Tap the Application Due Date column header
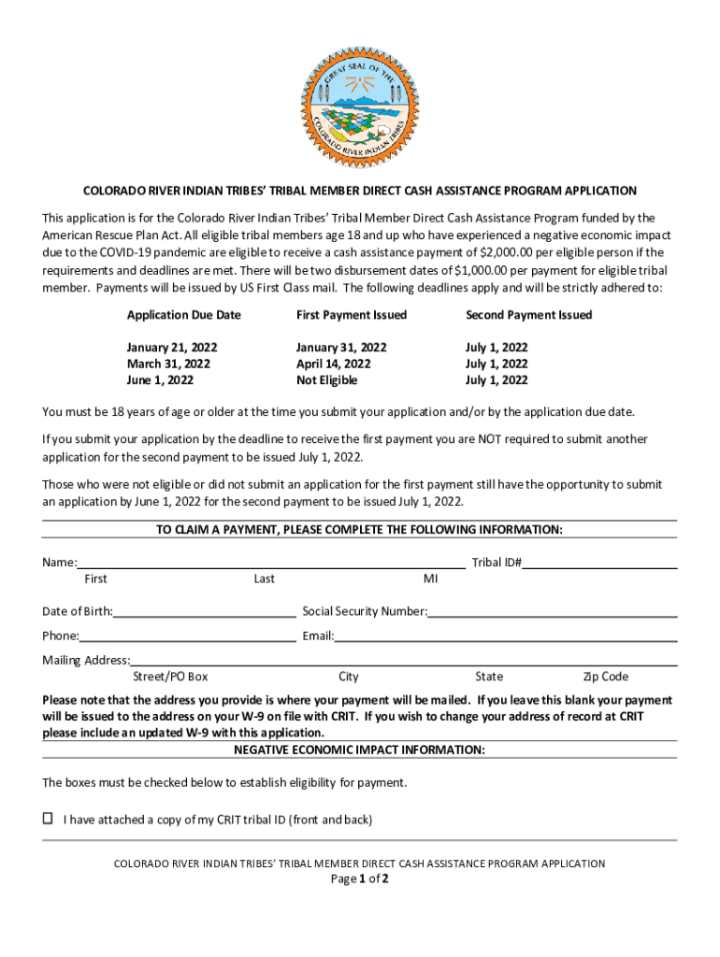click(183, 315)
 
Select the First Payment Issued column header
click(351, 315)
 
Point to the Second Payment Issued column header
click(528, 315)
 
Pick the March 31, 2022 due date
click(168, 364)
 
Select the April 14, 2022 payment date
click(333, 364)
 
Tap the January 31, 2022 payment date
click(341, 347)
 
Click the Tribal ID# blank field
click(599, 562)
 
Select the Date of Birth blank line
click(204, 611)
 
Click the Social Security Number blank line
click(552, 611)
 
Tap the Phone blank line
click(187, 636)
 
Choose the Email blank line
click(505, 636)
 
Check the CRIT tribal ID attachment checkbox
click(48, 819)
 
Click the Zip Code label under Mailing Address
click(605, 677)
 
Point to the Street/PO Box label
click(170, 677)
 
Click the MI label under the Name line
click(430, 578)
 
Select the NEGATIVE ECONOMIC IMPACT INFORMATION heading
click(359, 750)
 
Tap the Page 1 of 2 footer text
click(359, 879)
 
